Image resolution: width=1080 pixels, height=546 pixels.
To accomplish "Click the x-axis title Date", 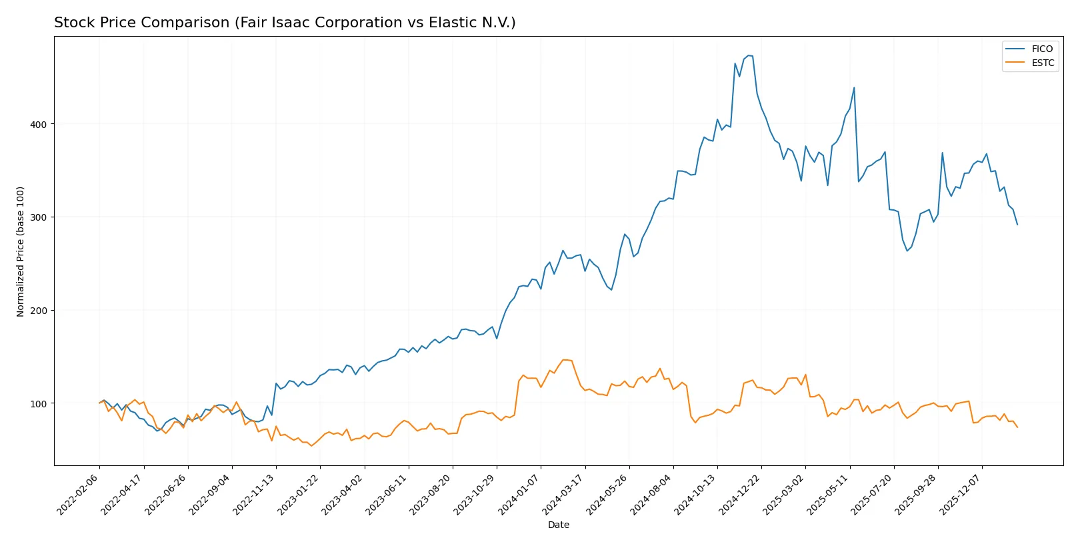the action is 558,525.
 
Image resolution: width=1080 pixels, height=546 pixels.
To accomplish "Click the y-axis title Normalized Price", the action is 21,251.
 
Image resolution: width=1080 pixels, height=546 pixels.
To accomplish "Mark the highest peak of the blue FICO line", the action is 749,55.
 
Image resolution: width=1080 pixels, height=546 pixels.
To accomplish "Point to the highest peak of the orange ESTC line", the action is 564,360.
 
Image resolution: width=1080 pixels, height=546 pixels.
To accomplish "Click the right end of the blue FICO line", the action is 1017,225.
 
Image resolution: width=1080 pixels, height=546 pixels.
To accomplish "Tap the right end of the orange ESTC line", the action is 1017,427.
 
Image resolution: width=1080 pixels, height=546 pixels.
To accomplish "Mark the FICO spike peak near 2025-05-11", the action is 854,87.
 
